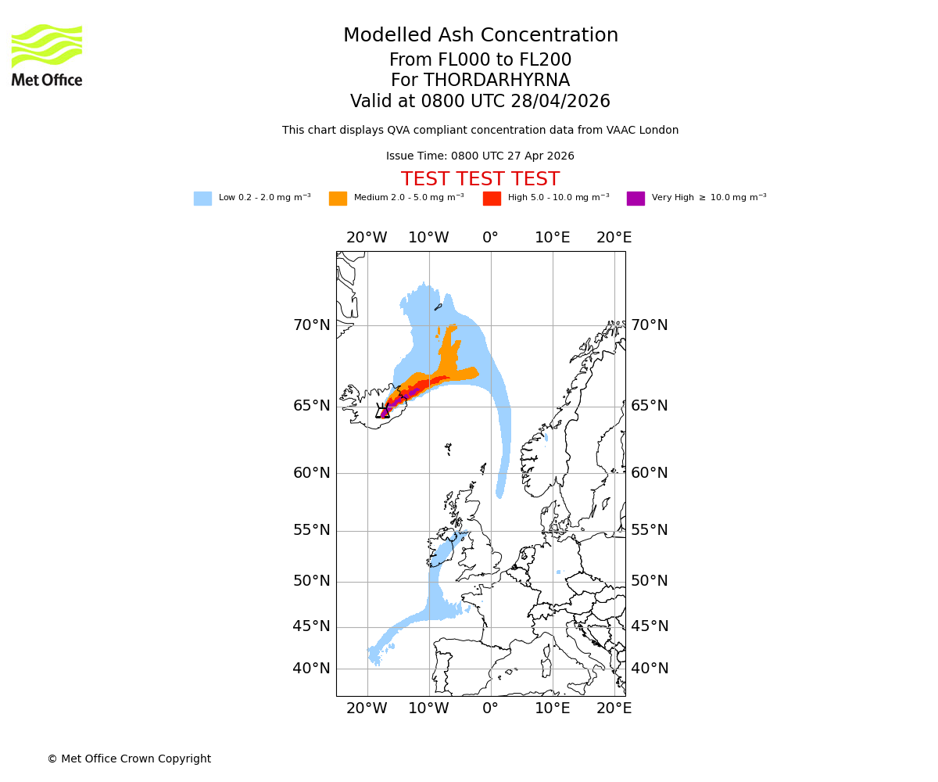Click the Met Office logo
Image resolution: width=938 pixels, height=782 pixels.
(47, 55)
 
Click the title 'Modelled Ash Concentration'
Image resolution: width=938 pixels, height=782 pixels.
(480, 35)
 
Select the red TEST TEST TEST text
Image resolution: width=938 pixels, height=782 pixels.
(480, 179)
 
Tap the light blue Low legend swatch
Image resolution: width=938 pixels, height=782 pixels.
(202, 199)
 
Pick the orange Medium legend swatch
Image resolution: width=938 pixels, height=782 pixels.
(338, 199)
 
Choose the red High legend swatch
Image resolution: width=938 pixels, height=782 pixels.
(492, 199)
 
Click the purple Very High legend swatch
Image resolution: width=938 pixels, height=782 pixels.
(635, 199)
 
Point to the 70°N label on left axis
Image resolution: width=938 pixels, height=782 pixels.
(312, 325)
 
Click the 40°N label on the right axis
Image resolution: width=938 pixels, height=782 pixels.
(650, 669)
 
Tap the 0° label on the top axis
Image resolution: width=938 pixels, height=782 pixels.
(490, 238)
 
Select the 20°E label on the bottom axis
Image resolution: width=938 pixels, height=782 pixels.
(614, 708)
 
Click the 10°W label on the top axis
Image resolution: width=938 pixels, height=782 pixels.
(428, 238)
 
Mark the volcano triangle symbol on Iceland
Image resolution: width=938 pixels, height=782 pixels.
(384, 411)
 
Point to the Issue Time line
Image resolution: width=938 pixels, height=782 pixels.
(480, 156)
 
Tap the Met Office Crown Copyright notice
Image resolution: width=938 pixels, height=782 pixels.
(129, 759)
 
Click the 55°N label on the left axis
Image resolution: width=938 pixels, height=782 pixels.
(312, 530)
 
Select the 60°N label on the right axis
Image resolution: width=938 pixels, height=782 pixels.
(650, 473)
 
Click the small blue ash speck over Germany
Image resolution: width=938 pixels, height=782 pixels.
(558, 572)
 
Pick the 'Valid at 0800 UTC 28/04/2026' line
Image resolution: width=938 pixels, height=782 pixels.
(480, 102)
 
